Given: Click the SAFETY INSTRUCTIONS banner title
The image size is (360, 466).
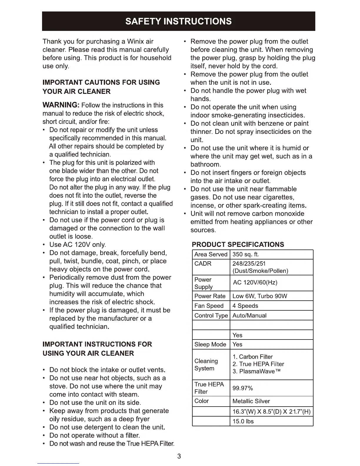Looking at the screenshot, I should coord(179,21).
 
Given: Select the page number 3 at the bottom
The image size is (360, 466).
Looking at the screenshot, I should coord(179,456).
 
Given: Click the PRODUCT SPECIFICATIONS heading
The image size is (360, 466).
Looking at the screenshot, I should coord(238,244).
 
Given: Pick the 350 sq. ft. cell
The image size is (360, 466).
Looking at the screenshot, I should coord(246,254).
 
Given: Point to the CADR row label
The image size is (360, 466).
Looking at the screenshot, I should coord(203,264).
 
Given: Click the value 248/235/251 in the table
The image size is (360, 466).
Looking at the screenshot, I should coord(249,264).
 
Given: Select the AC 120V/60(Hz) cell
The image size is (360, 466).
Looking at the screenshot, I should coord(255,283).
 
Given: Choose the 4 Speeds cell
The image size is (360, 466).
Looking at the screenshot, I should coord(245,306).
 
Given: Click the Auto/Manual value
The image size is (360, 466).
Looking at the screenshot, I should coord(249,315).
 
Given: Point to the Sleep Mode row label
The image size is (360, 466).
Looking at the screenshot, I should coord(210,344).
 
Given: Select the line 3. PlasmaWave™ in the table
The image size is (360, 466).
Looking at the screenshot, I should coord(256,371).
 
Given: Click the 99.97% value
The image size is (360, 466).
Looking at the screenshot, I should coord(243,388).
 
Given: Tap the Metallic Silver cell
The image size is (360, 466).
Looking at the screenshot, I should coord(251,401).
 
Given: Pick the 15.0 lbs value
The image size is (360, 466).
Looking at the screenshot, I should coord(243,421).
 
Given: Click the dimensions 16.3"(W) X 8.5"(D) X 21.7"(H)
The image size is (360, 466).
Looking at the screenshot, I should coord(271,411).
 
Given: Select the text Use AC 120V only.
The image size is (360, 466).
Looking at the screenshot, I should coord(78,245).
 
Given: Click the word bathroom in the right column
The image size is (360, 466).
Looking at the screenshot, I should coord(205,164).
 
